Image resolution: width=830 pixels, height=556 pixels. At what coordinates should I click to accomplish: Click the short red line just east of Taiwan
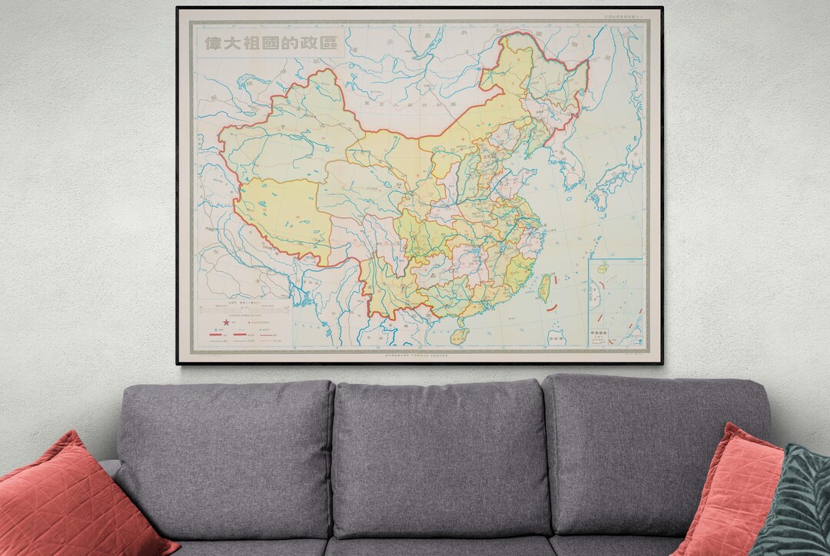tap(559, 280)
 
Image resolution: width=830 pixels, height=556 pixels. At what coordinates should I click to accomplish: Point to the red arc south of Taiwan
tap(551, 307)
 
